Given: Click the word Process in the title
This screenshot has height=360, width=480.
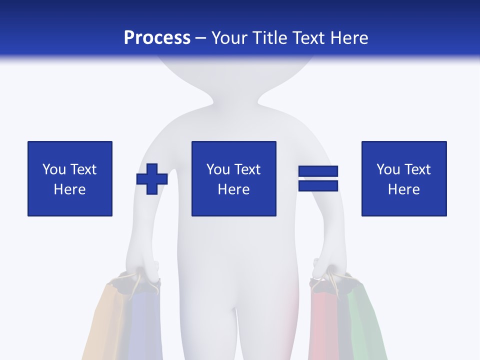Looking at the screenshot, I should [157, 37].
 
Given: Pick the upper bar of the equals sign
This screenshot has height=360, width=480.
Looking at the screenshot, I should [318, 171].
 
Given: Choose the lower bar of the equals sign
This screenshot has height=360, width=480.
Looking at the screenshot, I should [318, 186].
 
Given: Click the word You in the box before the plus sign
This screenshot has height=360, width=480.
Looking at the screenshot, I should [54, 169].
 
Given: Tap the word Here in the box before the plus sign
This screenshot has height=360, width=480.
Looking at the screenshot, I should [70, 189].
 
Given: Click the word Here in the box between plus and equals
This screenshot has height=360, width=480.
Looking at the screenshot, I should [234, 189].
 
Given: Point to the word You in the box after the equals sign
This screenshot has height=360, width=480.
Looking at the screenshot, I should [388, 169].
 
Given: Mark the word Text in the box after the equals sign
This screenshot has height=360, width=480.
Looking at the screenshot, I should [417, 169].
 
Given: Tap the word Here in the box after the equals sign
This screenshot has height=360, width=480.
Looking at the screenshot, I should [404, 189].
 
